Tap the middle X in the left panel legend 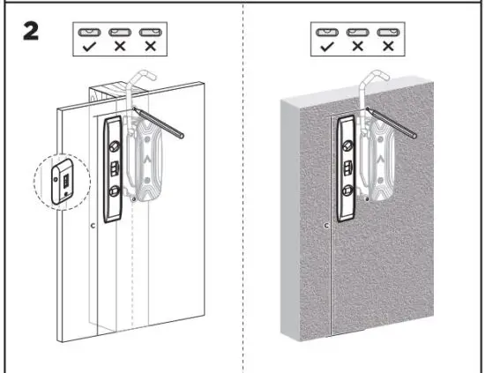point(120,46)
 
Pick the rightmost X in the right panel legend point(384,46)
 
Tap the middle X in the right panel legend point(357,46)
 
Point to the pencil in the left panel point(159,121)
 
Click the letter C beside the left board point(94,227)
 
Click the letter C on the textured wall point(327,227)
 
